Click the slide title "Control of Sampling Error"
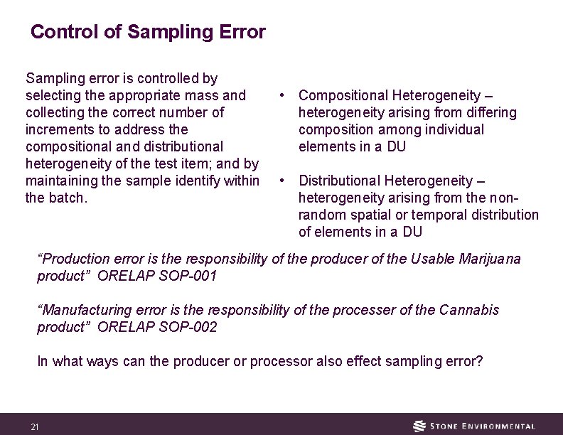click(x=148, y=32)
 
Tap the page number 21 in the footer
click(x=35, y=427)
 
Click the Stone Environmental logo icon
click(x=420, y=426)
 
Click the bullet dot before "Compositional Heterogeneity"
click(x=282, y=95)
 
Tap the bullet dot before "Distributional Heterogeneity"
click(x=282, y=181)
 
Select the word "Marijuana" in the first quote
click(x=490, y=259)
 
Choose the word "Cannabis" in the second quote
click(x=469, y=310)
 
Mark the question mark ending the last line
click(x=479, y=361)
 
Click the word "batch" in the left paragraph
click(x=67, y=198)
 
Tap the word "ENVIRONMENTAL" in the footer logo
click(x=500, y=426)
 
